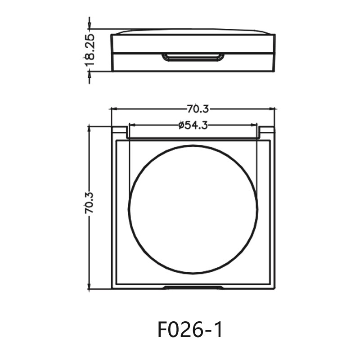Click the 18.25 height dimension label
click(90, 49)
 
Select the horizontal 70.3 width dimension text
click(198, 108)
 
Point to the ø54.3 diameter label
click(193, 126)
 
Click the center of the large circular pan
click(193, 209)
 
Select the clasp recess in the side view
click(193, 57)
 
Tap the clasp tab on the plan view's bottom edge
click(193, 287)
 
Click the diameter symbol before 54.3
click(181, 126)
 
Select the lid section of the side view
click(193, 43)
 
